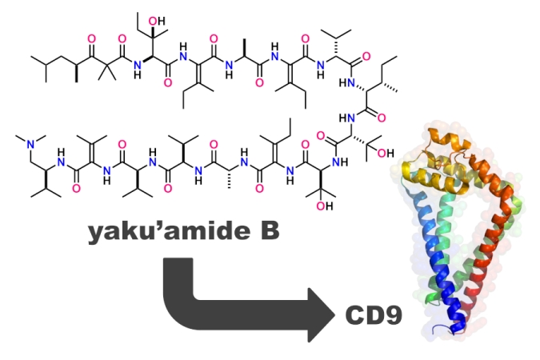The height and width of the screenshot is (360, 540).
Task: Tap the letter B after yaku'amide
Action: pyautogui.click(x=265, y=232)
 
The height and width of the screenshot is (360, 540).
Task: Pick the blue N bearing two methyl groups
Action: pyautogui.click(x=30, y=143)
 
